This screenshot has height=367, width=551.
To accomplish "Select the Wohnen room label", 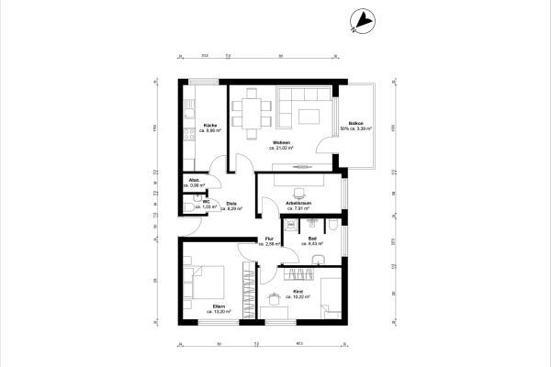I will [282, 142].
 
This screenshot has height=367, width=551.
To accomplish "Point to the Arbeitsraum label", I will [301, 204].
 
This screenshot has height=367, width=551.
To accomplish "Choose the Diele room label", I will [232, 204].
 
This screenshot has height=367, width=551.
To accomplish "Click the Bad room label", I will [312, 239].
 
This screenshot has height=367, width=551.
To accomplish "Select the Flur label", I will [270, 239].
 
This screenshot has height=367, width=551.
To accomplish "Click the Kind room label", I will [298, 292].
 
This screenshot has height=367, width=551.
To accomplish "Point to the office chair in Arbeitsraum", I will [298, 193].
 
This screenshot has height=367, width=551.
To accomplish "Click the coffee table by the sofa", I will [308, 115].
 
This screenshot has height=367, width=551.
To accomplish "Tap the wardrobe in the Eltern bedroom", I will [247, 289].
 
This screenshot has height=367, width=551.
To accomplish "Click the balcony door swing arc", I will [323, 144].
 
